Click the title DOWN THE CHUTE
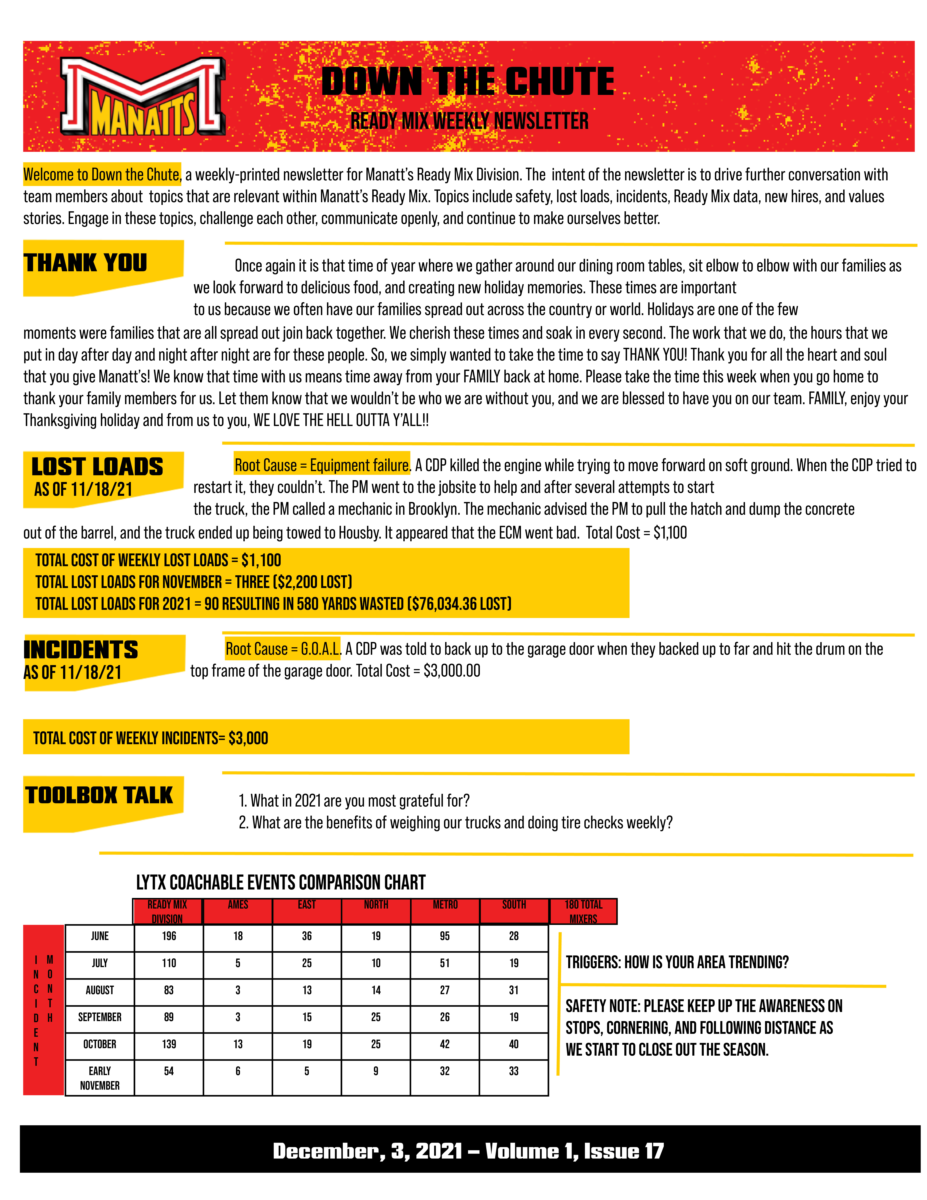[x=468, y=81]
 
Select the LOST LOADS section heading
[x=97, y=467]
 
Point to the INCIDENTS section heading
[x=81, y=650]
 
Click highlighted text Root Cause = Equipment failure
[x=322, y=465]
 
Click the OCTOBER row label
[x=99, y=1044]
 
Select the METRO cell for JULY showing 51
[x=445, y=963]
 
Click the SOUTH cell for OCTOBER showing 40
[x=513, y=1044]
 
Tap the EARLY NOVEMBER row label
[x=99, y=1078]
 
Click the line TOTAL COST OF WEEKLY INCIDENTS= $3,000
[x=151, y=738]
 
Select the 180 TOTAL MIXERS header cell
[x=583, y=911]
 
